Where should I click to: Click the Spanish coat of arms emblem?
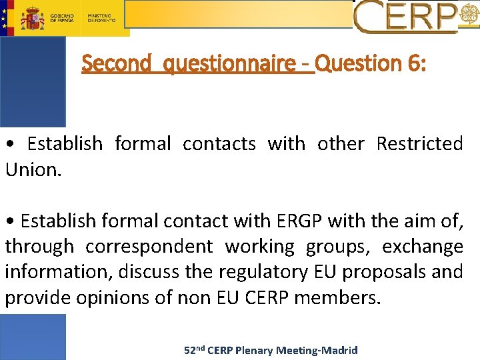tap(32, 18)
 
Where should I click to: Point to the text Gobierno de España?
tap(62, 17)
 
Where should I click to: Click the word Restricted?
tap(419, 143)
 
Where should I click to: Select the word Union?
tap(33, 169)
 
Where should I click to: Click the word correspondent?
tap(150, 247)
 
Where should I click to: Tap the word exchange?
tap(423, 247)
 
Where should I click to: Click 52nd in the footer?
tap(194, 349)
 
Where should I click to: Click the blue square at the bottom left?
tap(33, 337)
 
